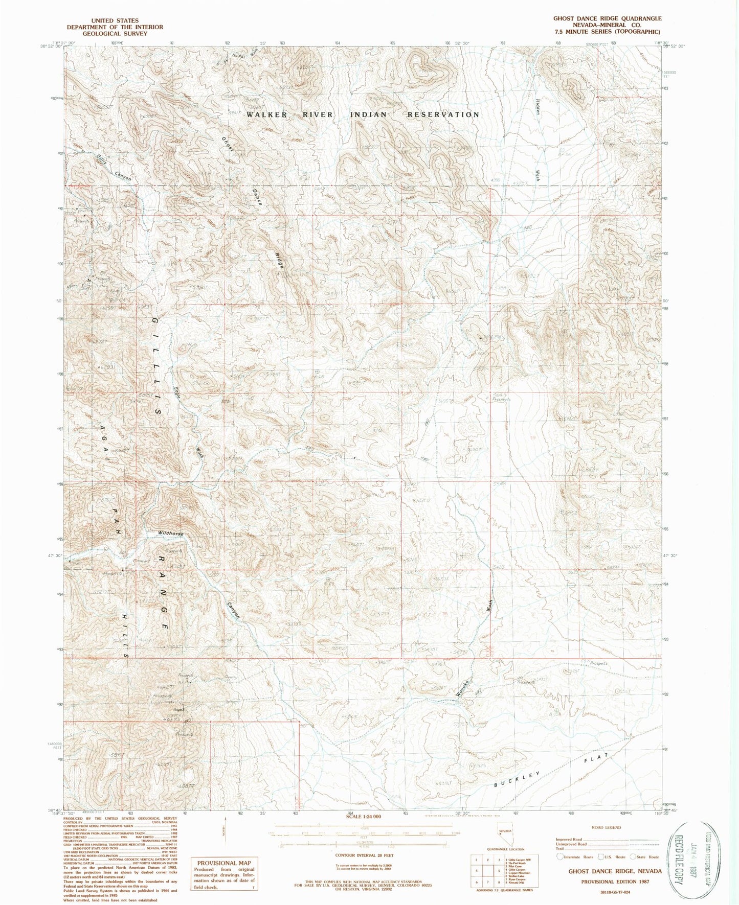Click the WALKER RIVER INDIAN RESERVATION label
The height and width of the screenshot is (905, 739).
(363, 114)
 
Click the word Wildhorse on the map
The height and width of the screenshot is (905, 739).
(171, 533)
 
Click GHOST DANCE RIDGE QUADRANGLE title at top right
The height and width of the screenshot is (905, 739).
(607, 18)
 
